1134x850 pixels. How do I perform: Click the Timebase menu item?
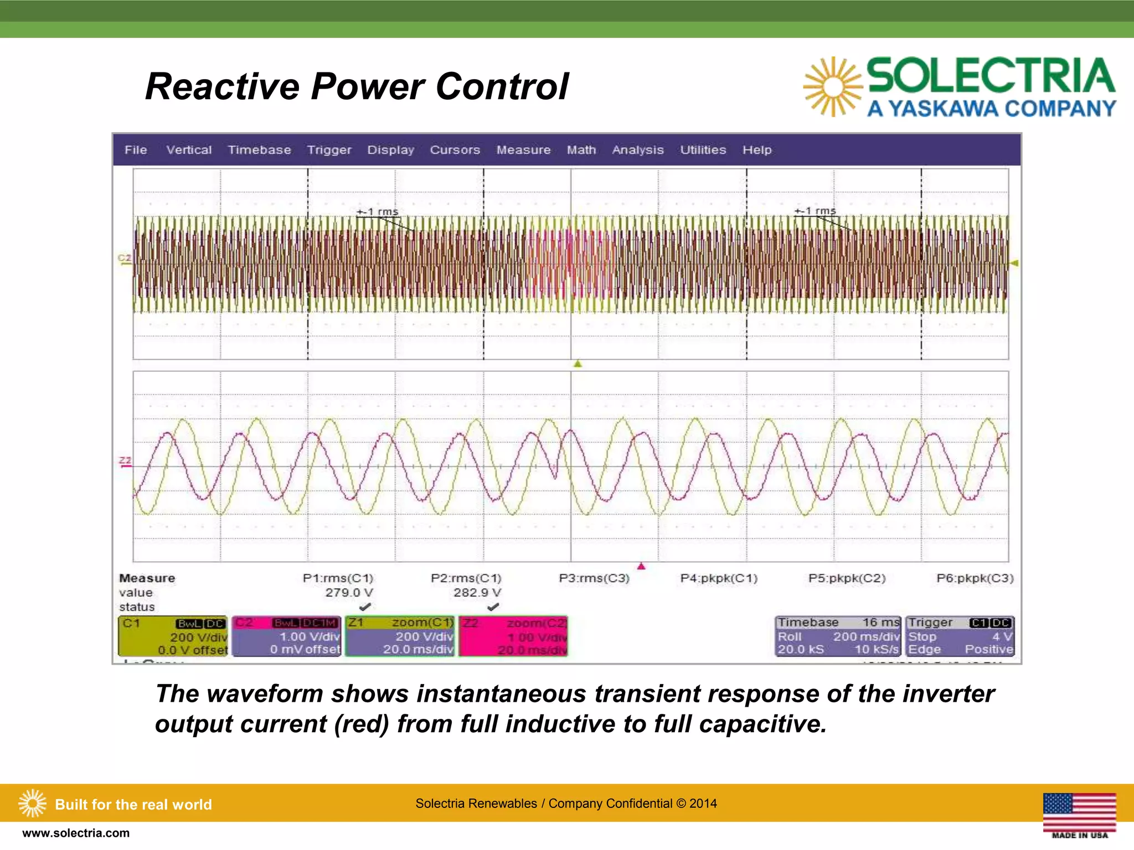pyautogui.click(x=259, y=150)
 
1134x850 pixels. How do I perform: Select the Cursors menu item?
pyautogui.click(x=455, y=150)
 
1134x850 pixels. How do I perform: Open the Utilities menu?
pyautogui.click(x=703, y=150)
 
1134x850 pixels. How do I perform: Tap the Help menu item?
pyautogui.click(x=756, y=150)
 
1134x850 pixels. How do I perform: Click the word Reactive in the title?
pyautogui.click(x=221, y=87)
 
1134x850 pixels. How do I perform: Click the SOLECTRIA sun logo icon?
pyautogui.click(x=832, y=87)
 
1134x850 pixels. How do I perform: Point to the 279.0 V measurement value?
pyautogui.click(x=349, y=593)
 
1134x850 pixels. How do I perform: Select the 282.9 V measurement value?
pyautogui.click(x=477, y=593)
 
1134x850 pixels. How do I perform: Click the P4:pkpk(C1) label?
pyautogui.click(x=718, y=578)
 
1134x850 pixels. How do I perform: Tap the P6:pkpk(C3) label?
pyautogui.click(x=975, y=578)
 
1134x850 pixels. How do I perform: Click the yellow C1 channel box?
pyautogui.click(x=173, y=636)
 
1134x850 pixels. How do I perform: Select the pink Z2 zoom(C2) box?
pyautogui.click(x=513, y=636)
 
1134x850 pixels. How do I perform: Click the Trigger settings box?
pyautogui.click(x=960, y=636)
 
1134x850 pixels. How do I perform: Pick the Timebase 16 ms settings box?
pyautogui.click(x=838, y=636)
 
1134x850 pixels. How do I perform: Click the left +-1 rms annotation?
pyautogui.click(x=378, y=211)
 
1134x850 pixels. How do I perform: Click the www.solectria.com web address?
pyautogui.click(x=76, y=833)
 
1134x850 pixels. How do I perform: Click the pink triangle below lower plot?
pyautogui.click(x=641, y=566)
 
